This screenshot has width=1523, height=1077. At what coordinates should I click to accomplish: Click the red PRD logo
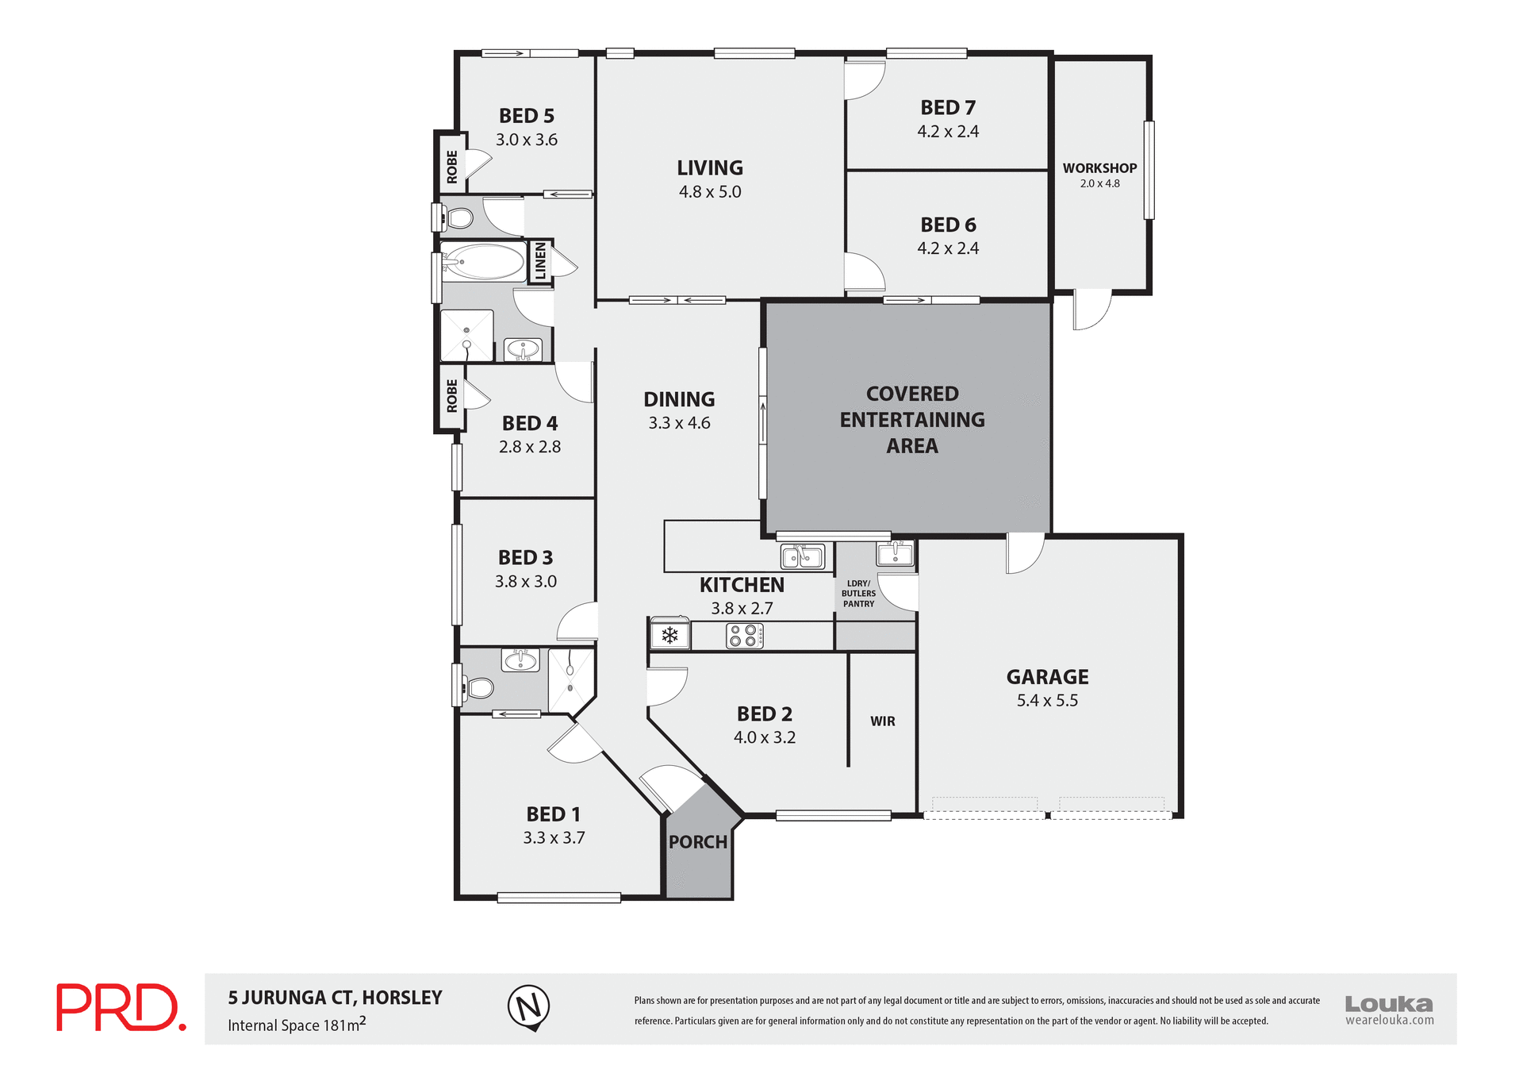(x=121, y=1007)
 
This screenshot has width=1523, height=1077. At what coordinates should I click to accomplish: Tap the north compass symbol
(x=528, y=1007)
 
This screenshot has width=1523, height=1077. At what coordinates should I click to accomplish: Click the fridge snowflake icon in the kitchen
(x=669, y=635)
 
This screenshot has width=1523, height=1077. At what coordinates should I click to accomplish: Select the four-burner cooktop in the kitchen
(x=745, y=635)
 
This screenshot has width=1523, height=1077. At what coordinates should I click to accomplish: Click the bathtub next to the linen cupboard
(x=484, y=261)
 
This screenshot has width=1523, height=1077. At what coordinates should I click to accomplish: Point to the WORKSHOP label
(x=1099, y=168)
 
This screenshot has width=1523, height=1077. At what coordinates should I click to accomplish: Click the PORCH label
(x=697, y=842)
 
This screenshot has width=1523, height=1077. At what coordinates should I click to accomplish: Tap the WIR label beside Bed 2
(x=882, y=721)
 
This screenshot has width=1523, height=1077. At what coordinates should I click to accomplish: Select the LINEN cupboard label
(x=540, y=261)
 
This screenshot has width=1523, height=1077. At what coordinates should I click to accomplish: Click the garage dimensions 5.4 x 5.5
(x=1047, y=701)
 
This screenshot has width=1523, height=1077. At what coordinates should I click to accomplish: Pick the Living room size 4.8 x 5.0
(x=710, y=192)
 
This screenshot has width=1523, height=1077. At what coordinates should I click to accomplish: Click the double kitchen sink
(x=802, y=556)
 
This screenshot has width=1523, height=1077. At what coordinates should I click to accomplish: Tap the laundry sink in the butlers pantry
(x=896, y=552)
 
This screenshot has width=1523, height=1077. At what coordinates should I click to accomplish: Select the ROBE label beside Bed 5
(x=452, y=167)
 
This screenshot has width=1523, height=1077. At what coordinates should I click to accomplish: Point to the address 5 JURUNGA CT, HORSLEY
(x=335, y=998)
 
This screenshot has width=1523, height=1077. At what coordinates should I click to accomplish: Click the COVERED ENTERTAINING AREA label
(x=912, y=420)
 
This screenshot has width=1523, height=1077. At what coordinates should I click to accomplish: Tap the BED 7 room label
(x=948, y=107)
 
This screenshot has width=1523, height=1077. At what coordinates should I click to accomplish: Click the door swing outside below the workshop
(x=1090, y=311)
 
